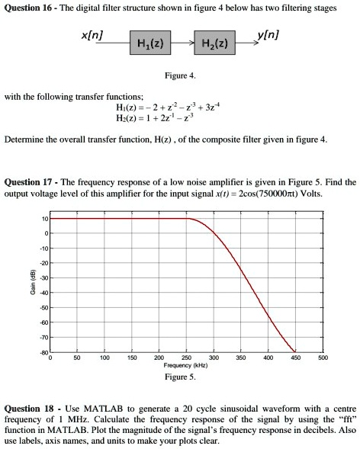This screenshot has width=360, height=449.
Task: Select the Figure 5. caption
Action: coord(180,377)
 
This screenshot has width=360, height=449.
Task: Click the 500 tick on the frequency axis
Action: coord(323,357)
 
